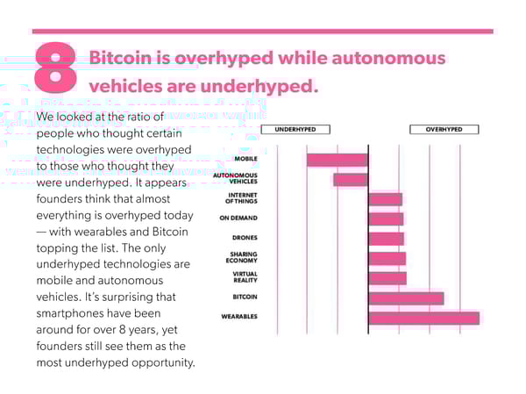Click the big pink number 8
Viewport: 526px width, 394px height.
[x=55, y=68]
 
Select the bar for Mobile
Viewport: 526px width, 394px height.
[x=338, y=160]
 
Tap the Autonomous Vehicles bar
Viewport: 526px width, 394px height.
[x=351, y=180]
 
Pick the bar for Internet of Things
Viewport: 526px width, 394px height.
[x=386, y=199]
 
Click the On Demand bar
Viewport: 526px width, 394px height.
[x=386, y=219]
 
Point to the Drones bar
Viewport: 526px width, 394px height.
[x=387, y=239]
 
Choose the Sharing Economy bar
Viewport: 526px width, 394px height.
[x=387, y=259]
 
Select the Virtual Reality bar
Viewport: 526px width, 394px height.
[x=387, y=278]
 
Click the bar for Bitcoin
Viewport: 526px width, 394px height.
[x=406, y=298]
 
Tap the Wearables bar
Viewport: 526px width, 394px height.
[x=424, y=318]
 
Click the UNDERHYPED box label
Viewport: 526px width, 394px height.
[x=295, y=129]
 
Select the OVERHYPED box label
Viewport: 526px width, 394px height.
[x=444, y=129]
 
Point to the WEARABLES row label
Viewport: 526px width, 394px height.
[x=239, y=317]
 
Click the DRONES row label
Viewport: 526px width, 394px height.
[x=245, y=238]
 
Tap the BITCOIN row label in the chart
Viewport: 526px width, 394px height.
[x=245, y=297]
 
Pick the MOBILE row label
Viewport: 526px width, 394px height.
[x=245, y=159]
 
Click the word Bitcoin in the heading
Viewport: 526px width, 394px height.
[x=120, y=57]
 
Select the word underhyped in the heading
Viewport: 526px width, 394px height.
[x=259, y=87]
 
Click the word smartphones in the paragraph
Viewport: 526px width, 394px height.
[x=98, y=313]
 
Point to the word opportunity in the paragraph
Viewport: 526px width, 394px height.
[x=163, y=362]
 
